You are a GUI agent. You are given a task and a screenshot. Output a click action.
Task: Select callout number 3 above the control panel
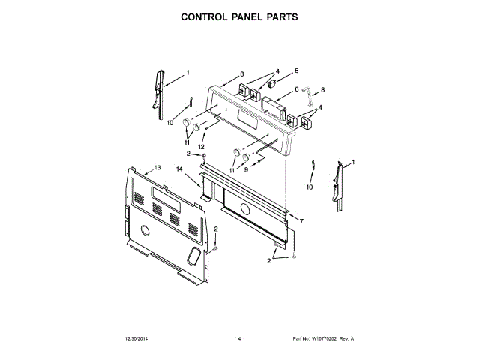coord(242,73)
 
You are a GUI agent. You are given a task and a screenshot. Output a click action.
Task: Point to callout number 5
coord(296,70)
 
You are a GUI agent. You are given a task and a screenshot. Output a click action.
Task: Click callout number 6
coord(296,89)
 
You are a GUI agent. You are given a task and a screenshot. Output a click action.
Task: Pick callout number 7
coord(301,222)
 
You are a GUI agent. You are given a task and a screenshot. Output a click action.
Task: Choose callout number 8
coord(322,90)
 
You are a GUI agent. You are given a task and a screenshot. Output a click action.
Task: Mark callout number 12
coord(200,146)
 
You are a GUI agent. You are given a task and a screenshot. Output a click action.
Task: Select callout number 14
coord(179,170)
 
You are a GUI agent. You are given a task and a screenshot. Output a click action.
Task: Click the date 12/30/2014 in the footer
coord(132,339)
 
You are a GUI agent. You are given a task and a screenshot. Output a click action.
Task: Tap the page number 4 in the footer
coord(239,339)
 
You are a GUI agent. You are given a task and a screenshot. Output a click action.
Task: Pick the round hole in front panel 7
coord(244,209)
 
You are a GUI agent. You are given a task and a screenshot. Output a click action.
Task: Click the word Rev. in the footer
coord(344,339)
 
